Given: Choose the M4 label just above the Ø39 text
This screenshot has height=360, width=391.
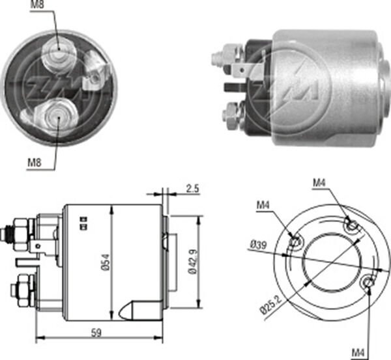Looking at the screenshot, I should [263, 206].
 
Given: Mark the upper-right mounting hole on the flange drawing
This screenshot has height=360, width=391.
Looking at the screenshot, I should [353, 226].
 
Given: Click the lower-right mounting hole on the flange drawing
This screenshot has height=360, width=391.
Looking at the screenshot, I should [368, 282].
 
